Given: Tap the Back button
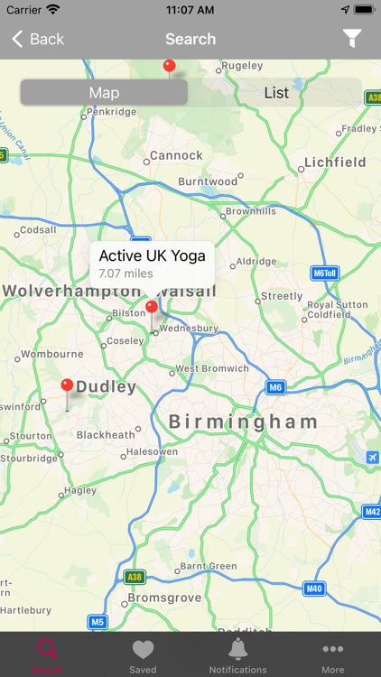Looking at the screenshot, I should click(38, 39).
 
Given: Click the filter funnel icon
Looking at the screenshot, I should click(352, 38).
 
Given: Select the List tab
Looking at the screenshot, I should click(276, 92).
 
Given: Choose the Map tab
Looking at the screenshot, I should click(104, 92).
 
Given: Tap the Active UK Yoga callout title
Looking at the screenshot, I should click(152, 255).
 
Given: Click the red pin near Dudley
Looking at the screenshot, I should click(67, 386).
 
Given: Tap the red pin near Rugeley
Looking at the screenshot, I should click(169, 66).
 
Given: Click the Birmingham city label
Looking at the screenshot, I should click(244, 422).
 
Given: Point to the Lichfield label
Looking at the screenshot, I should click(335, 162).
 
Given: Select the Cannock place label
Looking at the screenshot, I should click(176, 155).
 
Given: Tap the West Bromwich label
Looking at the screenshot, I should click(212, 368).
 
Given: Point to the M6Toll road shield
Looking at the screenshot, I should click(323, 273).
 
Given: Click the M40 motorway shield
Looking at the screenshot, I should click(313, 589).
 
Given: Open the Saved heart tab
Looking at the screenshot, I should click(143, 654).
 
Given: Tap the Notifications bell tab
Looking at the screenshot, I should click(238, 654).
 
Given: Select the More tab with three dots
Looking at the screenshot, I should click(333, 654).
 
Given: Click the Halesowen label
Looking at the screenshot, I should click(152, 451).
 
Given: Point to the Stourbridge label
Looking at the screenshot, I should click(29, 458).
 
